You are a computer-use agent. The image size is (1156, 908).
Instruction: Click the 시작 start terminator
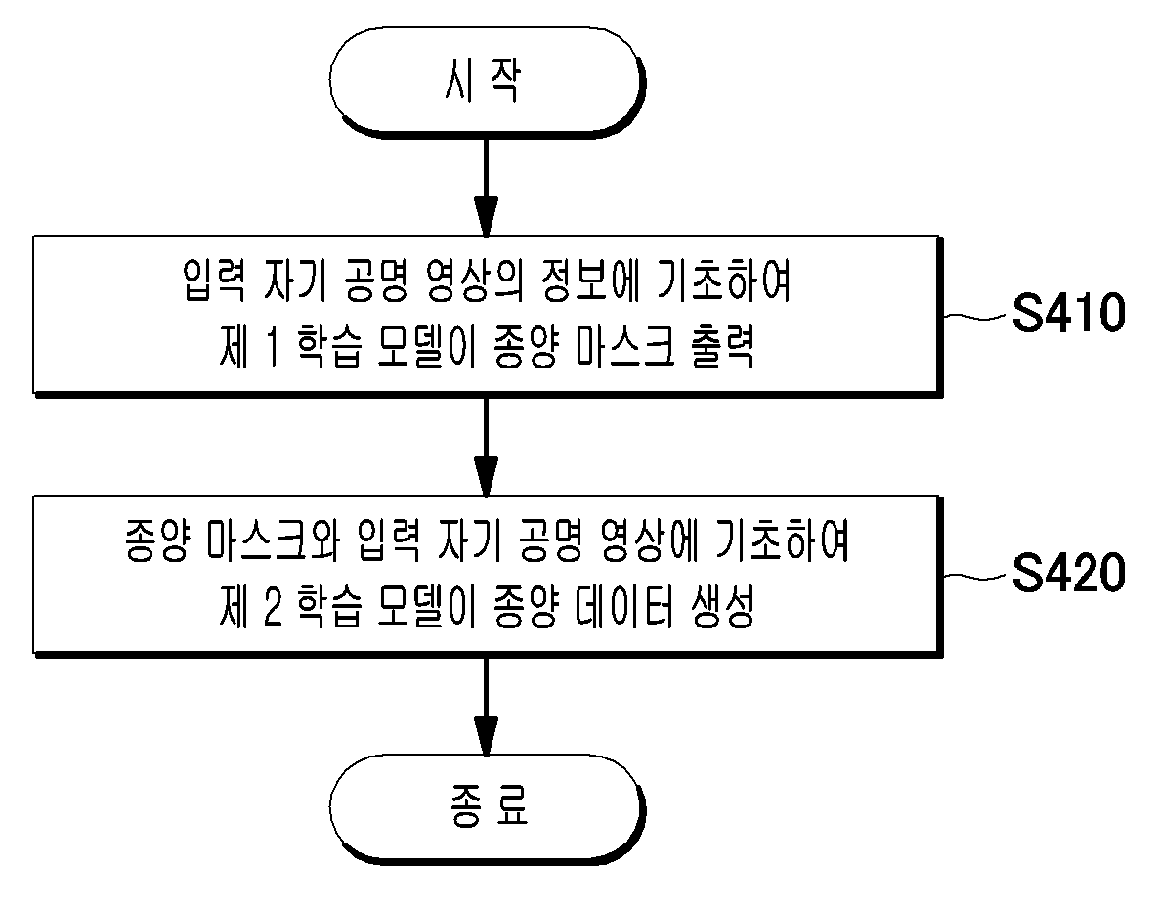coord(487,81)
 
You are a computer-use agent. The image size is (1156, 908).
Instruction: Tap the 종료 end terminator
coord(487,807)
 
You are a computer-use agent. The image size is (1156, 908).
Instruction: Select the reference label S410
coord(1068,313)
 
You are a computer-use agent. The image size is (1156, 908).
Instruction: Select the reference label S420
coord(1068,573)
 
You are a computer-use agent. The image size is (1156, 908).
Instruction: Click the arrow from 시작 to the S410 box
coord(486,187)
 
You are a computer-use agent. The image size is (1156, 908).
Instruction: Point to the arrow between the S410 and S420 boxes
coord(486,447)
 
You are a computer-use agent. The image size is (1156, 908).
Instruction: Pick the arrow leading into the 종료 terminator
coord(486,707)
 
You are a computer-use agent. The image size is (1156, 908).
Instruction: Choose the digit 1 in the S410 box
coord(272,347)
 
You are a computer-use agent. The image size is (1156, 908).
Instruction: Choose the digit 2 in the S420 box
coord(272,608)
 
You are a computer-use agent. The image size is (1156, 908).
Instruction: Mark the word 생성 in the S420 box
coord(723,608)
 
